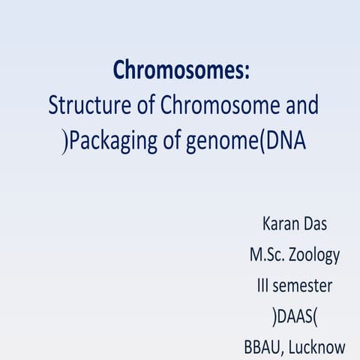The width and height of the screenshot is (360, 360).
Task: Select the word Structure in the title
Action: click(x=82, y=106)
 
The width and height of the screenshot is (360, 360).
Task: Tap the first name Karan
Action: click(x=280, y=223)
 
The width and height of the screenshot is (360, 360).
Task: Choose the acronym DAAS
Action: click(x=295, y=316)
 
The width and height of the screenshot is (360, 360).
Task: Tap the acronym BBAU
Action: click(x=263, y=346)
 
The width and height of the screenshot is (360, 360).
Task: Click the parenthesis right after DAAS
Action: click(x=316, y=316)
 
